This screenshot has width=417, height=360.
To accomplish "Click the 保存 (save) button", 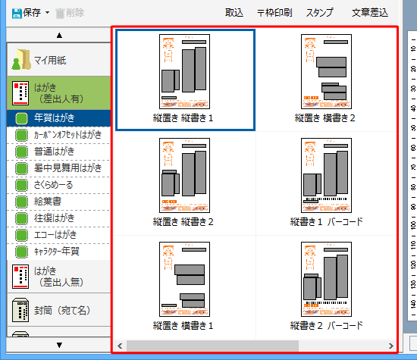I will click(x=27, y=12).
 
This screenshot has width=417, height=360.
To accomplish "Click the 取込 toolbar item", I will click(x=234, y=12).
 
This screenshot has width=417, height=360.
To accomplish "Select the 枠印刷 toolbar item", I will click(x=274, y=12).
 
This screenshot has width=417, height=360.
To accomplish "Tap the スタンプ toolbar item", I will click(x=319, y=12).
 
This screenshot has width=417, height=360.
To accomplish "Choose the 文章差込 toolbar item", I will click(x=370, y=12).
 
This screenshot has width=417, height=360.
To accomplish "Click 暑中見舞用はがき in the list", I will click(x=67, y=167).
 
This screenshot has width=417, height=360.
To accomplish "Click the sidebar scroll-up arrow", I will click(x=59, y=35).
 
